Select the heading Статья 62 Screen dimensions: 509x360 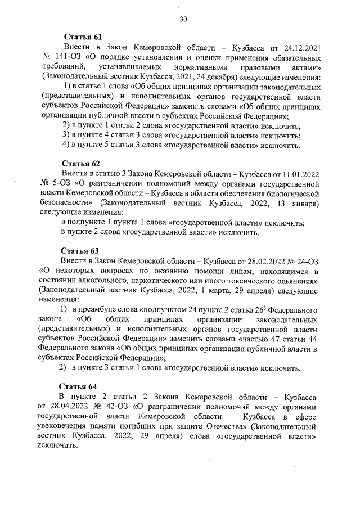(x=79, y=163)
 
